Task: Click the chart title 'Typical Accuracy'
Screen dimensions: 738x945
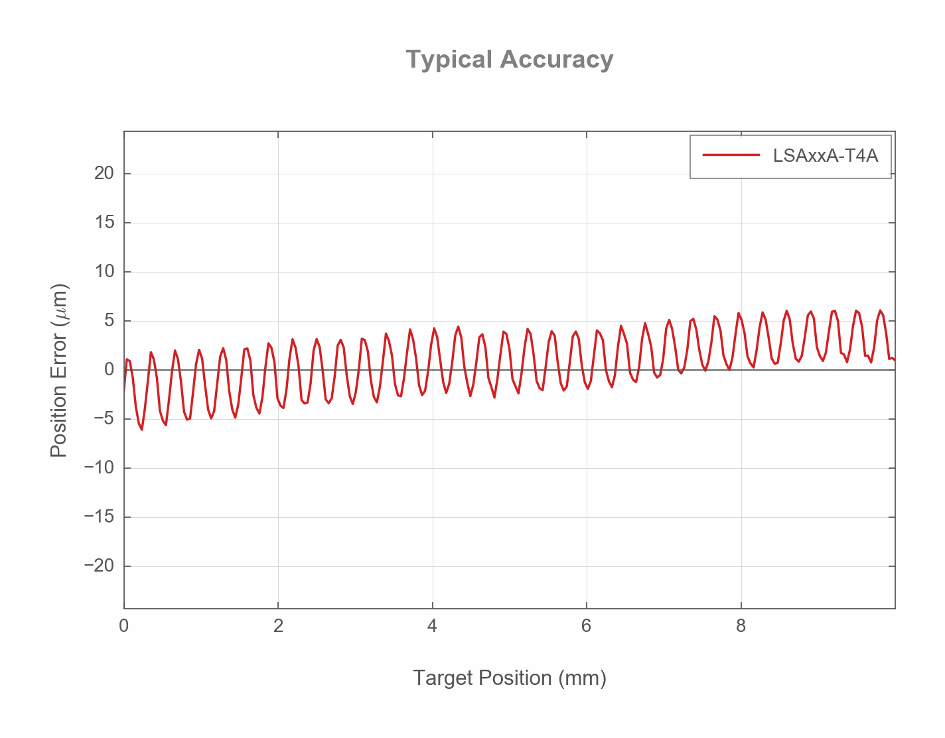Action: [509, 60]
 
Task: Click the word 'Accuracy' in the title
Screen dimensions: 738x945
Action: [556, 60]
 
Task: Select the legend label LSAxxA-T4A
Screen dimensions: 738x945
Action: [825, 156]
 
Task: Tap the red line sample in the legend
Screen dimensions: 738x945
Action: [731, 156]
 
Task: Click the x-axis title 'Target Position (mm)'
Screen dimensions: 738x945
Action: [509, 678]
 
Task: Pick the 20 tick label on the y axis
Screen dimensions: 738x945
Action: [104, 174]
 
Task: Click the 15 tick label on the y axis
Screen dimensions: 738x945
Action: [104, 223]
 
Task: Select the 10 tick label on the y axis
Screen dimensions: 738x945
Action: [104, 272]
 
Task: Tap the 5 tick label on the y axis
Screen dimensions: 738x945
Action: [109, 321]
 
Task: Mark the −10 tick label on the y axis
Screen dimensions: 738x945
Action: [100, 468]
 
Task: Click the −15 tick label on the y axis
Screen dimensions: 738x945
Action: [100, 517]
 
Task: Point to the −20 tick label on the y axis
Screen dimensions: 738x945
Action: [100, 566]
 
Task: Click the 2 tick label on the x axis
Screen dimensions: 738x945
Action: [278, 626]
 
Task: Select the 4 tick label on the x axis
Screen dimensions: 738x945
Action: [432, 626]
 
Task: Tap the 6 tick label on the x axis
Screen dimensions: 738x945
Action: [586, 626]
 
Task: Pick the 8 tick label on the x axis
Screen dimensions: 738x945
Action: [741, 626]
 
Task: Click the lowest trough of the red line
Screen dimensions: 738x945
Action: [141, 429]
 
